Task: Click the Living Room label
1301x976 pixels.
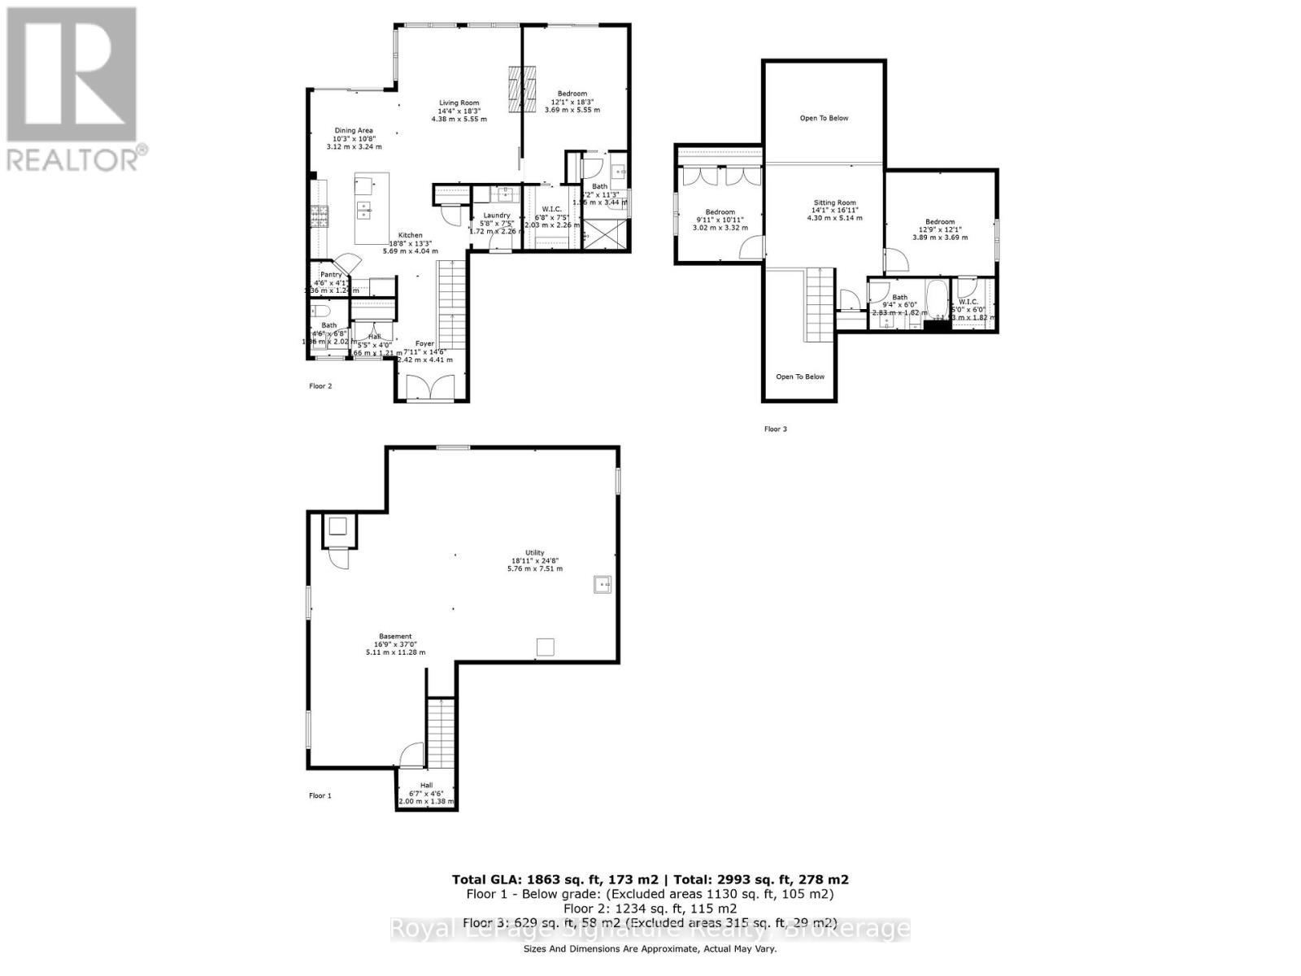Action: (x=459, y=103)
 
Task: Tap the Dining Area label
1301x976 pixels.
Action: (x=354, y=130)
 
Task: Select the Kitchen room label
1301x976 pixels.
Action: (x=410, y=235)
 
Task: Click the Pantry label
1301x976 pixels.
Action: (x=331, y=275)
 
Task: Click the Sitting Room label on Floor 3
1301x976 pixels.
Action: (x=835, y=203)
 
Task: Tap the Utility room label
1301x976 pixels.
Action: (x=534, y=553)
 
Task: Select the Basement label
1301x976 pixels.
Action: (x=395, y=637)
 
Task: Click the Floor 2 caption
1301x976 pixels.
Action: (x=320, y=386)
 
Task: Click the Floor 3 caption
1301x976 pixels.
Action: (x=776, y=429)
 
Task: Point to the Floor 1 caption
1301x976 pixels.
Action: (x=320, y=795)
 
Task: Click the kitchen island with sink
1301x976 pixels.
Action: (x=372, y=207)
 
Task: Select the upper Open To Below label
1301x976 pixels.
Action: (x=824, y=118)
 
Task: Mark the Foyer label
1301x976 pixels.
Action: (x=424, y=344)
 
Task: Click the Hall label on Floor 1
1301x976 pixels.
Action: (x=426, y=785)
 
